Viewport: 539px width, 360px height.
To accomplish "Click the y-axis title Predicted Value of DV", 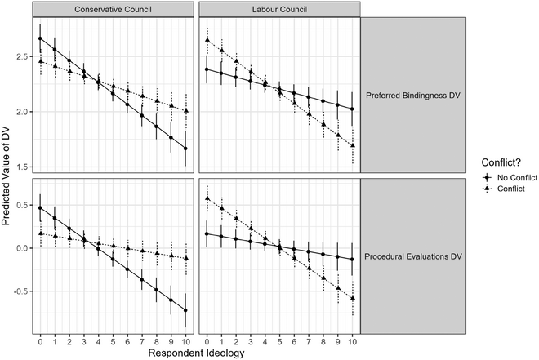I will pyautogui.click(x=9, y=176).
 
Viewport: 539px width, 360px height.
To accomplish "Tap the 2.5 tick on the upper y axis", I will pyautogui.click(x=22, y=56).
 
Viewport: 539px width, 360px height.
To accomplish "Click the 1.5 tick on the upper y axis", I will pyautogui.click(x=22, y=167).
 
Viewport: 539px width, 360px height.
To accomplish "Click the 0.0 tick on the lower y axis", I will pyautogui.click(x=22, y=247).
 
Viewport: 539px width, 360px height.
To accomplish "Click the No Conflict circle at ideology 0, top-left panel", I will pyautogui.click(x=41, y=38).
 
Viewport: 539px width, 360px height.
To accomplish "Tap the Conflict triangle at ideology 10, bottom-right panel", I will pyautogui.click(x=352, y=299).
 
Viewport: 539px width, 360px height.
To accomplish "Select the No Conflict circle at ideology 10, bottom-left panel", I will pyautogui.click(x=186, y=310).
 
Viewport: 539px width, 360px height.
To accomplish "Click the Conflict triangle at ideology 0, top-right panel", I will pyautogui.click(x=207, y=40).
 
